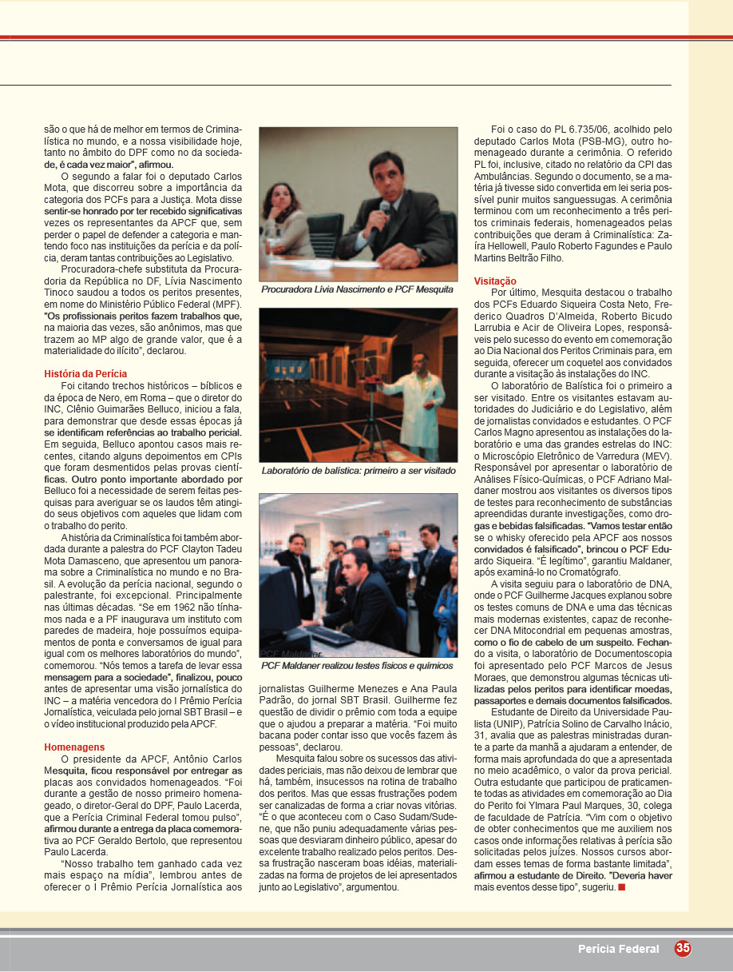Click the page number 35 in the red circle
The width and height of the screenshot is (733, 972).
pos(683,948)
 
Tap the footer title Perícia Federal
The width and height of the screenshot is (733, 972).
pos(619,949)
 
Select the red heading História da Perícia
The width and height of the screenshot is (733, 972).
pos(85,373)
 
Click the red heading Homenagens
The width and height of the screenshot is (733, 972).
pos(74,747)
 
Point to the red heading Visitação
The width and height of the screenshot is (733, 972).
pos(495,281)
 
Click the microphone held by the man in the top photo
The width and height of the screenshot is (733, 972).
pos(383,211)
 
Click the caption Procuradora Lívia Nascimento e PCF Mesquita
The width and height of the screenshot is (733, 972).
pos(357,289)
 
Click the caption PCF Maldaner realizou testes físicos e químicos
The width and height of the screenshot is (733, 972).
pos(357,665)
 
